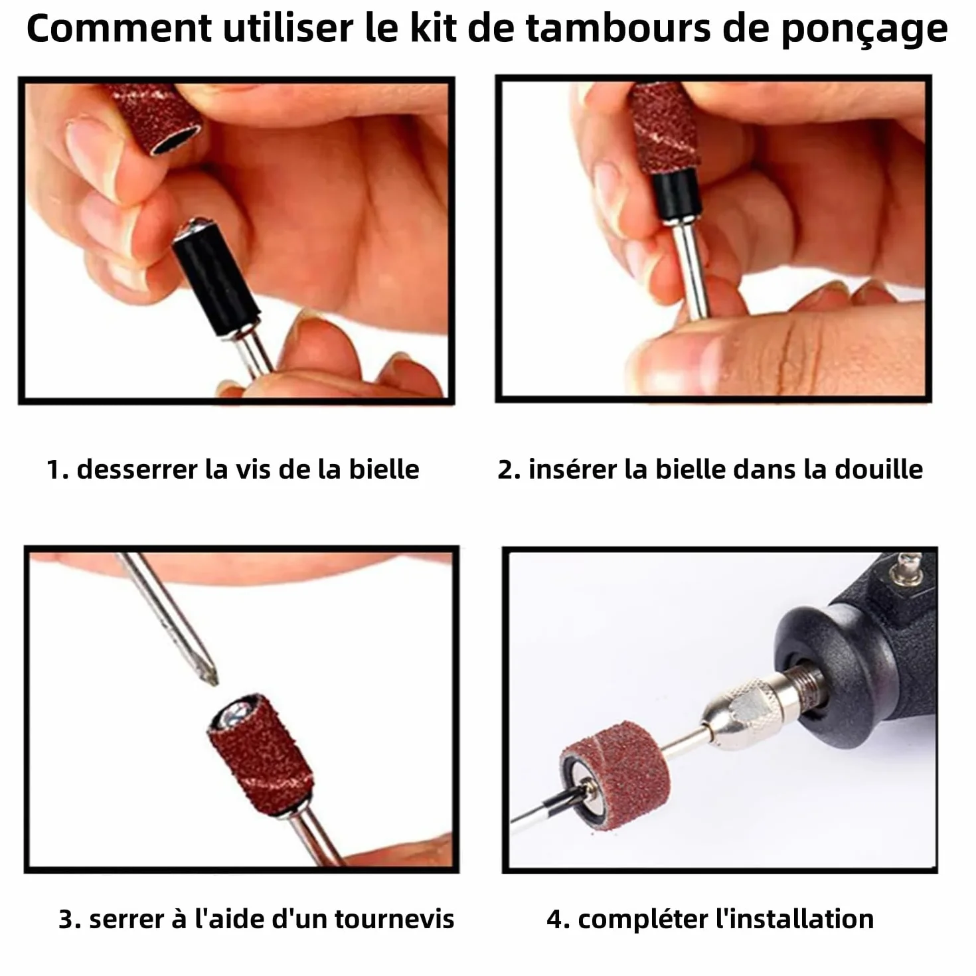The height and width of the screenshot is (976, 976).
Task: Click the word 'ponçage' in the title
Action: tap(864, 30)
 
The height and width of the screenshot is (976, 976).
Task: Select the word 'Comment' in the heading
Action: tap(120, 29)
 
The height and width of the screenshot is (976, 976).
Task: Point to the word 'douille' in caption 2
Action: tap(878, 469)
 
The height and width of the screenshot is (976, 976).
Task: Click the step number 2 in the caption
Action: tap(505, 469)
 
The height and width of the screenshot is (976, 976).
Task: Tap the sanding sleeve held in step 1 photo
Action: tap(157, 118)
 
